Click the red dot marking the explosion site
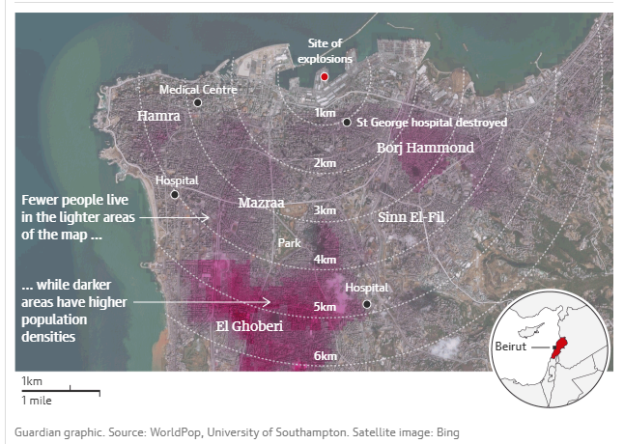click(x=325, y=76)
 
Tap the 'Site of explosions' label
click(x=325, y=51)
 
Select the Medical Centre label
click(x=198, y=89)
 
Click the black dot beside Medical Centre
click(x=198, y=102)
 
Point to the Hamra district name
click(x=159, y=116)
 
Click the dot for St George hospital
click(x=346, y=123)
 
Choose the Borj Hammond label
click(x=425, y=148)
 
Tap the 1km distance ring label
click(x=325, y=113)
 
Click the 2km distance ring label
click(x=325, y=163)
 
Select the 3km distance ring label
click(x=325, y=210)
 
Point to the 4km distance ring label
click(x=325, y=260)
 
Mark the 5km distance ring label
click(x=325, y=308)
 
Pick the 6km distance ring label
click(x=325, y=356)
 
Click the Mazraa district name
click(x=262, y=203)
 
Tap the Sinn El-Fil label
click(x=412, y=217)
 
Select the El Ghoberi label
click(x=249, y=326)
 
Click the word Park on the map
click(x=290, y=243)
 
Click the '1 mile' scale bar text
click(x=37, y=400)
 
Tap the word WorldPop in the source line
click(x=175, y=431)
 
